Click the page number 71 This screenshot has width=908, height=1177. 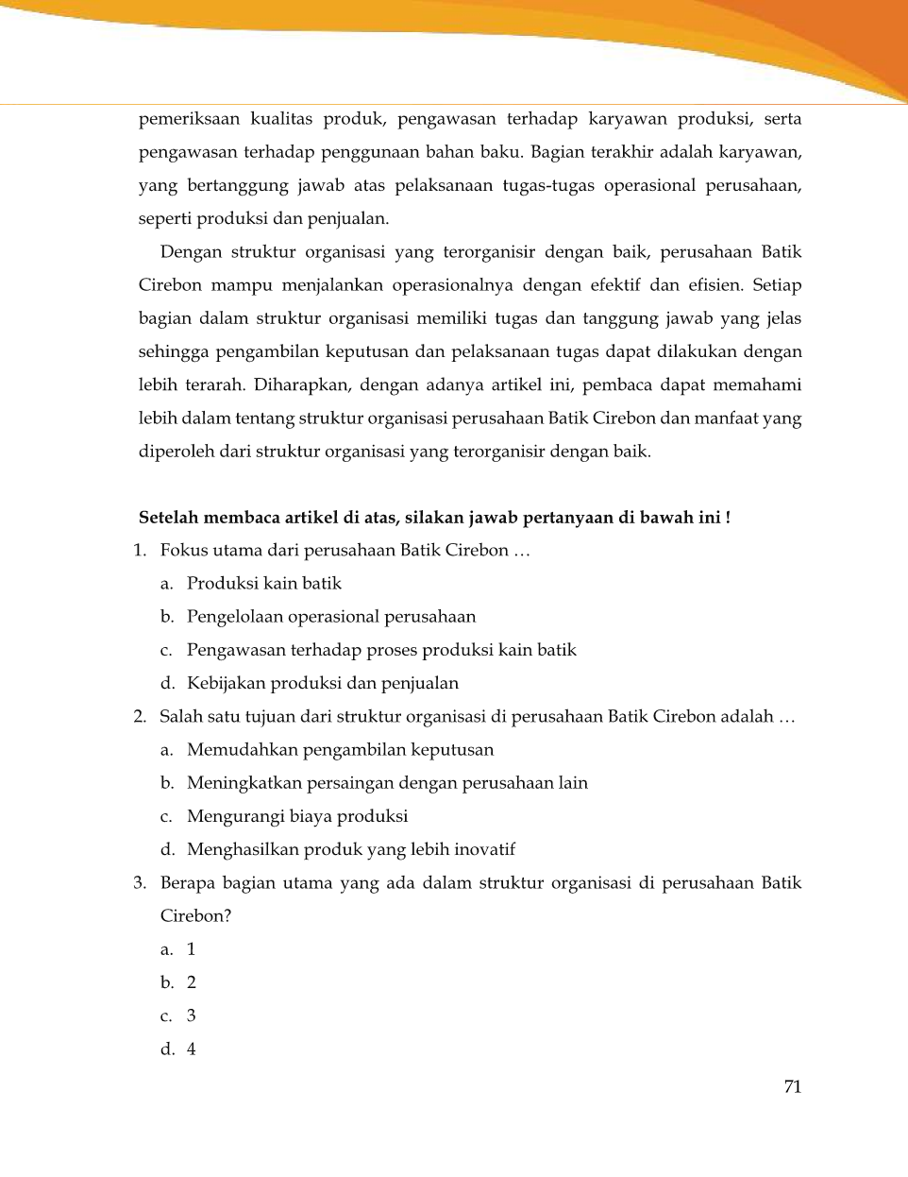point(792,1086)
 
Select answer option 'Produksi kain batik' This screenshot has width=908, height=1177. point(263,584)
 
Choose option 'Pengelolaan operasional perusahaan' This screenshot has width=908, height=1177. point(330,617)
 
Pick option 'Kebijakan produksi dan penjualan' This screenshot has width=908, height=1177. point(322,683)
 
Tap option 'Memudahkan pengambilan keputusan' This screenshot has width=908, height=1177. point(340,750)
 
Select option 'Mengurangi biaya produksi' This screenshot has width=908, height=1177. point(296,816)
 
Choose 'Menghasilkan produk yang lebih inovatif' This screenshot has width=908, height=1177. point(350,849)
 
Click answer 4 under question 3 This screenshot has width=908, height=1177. point(191,1049)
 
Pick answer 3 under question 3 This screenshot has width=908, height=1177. point(191,1015)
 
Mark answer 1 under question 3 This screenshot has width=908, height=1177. point(191,949)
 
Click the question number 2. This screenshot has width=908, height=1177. point(140,717)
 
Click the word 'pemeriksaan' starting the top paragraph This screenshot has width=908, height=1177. point(189,119)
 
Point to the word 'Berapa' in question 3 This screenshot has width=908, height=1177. point(187,883)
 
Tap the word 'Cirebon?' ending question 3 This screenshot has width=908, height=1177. point(195,916)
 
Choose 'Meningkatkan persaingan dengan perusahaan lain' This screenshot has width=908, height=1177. point(386,783)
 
